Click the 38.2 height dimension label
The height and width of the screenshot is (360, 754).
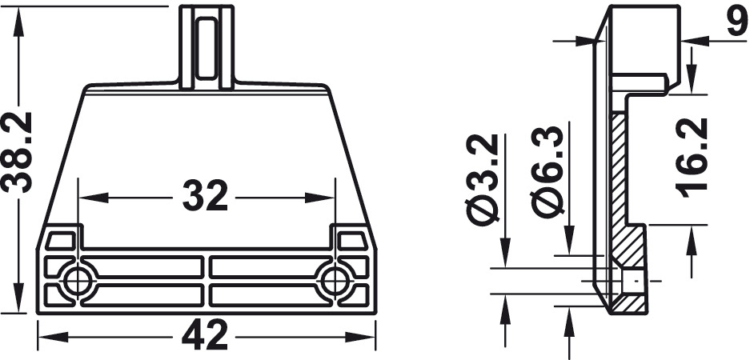[18, 152]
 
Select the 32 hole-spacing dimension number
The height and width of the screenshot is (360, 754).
[205, 196]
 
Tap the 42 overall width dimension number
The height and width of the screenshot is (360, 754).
[204, 334]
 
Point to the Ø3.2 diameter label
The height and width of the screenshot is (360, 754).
[483, 179]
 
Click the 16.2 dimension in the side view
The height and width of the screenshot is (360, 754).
[692, 158]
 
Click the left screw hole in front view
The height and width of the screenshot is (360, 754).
[78, 281]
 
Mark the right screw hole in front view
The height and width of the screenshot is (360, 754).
[335, 281]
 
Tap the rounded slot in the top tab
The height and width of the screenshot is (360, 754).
[207, 47]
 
